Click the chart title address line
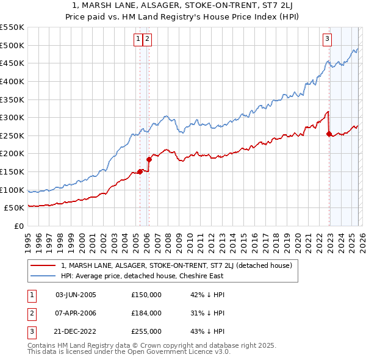point(183,5)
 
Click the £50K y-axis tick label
point(15,208)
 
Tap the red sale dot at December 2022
point(329,134)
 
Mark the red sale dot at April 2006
point(149,159)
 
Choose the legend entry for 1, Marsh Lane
point(177,265)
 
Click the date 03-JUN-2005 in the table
point(76,295)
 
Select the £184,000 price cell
point(146,313)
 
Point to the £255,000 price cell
point(146,331)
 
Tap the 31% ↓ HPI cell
point(207,313)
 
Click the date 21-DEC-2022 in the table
point(76,331)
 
